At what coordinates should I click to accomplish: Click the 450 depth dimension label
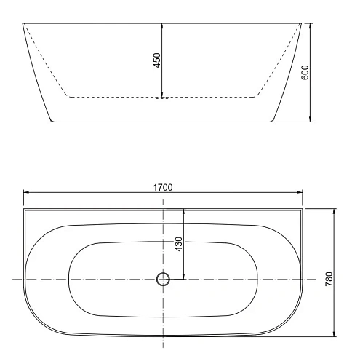click(x=156, y=60)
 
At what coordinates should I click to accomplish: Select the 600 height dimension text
click(x=305, y=71)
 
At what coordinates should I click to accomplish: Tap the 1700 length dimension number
click(x=163, y=187)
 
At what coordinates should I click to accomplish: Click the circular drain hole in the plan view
click(x=163, y=278)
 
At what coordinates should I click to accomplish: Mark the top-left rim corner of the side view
click(x=23, y=23)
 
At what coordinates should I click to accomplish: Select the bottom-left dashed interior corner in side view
click(x=69, y=96)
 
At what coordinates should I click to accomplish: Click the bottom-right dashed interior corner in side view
click(x=256, y=96)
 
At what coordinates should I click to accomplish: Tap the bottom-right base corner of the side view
click(x=274, y=122)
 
